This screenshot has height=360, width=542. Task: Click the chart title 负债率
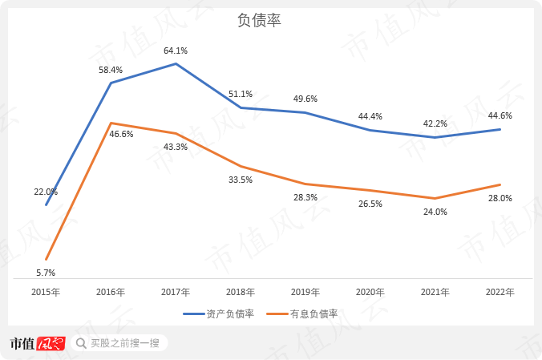(259, 21)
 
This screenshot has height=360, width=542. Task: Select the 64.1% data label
(176, 51)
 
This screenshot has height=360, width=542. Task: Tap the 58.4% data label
(111, 70)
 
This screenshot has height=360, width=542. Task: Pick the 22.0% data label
(46, 192)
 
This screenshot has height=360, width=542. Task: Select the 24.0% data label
(435, 212)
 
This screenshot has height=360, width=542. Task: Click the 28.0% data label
(500, 198)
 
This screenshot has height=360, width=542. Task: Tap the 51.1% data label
(241, 94)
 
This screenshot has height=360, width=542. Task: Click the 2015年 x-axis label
(46, 292)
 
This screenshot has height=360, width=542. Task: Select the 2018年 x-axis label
(241, 292)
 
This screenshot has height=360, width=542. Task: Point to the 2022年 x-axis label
(500, 292)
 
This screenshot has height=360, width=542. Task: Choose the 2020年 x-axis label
(370, 292)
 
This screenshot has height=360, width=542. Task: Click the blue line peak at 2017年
(176, 63)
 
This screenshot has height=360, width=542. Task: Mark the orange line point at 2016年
(111, 123)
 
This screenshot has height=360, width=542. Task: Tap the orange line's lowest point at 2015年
(47, 260)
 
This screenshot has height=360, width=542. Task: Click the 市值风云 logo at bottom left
(36, 343)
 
